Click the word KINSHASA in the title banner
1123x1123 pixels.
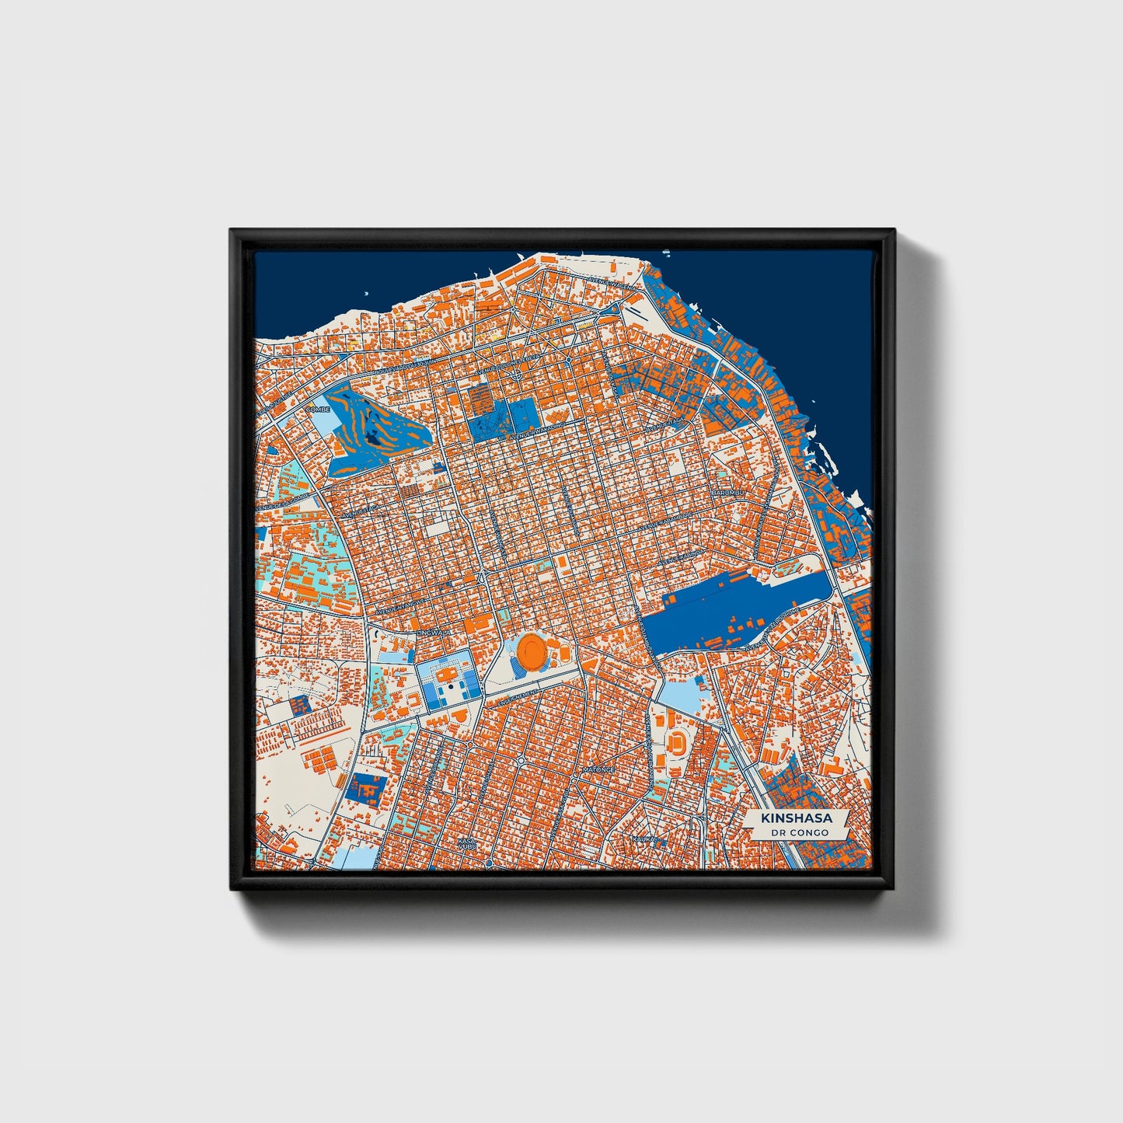click(797, 818)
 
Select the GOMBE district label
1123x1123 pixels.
click(318, 409)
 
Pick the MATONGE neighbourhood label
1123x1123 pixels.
click(598, 769)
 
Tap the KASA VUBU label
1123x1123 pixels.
click(466, 844)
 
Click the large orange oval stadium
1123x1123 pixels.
click(532, 650)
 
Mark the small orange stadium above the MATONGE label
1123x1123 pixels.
click(678, 742)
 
